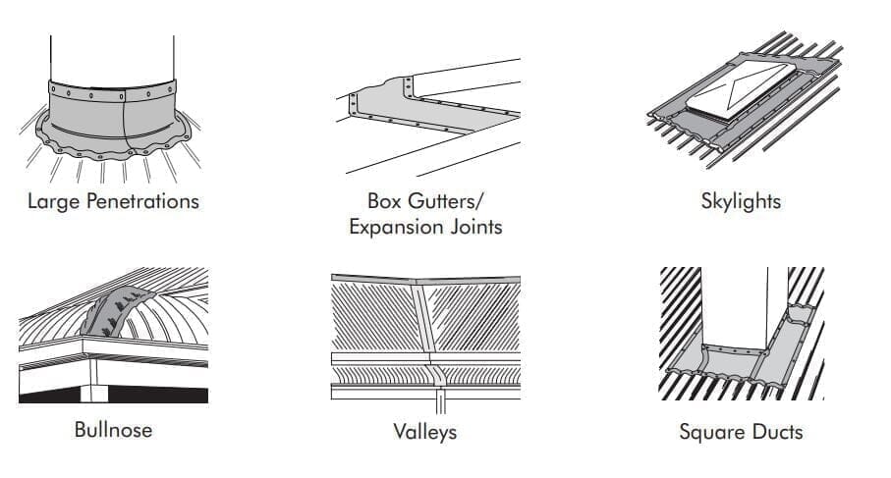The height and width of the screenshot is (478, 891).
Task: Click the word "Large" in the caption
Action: [x=51, y=201]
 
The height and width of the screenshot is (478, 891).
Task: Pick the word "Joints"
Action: [x=473, y=227]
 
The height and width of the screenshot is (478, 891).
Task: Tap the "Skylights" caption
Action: [x=740, y=201]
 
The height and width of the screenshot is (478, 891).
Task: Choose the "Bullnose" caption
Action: [x=113, y=430]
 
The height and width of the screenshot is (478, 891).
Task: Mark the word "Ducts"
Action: [x=776, y=431]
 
